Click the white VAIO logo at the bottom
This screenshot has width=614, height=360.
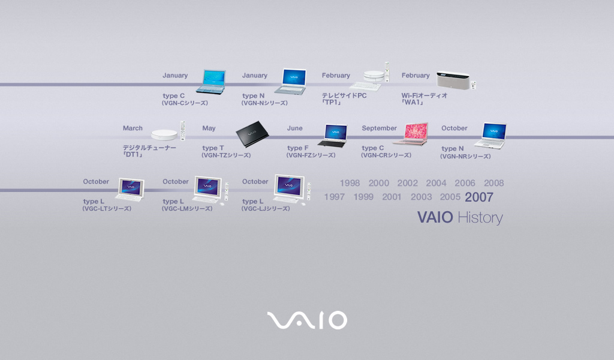coord(307,320)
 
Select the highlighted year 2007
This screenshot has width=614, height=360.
coord(479,197)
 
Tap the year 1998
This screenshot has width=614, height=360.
coord(350,183)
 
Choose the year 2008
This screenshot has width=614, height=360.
coord(494,183)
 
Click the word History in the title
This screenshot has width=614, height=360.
coord(480,218)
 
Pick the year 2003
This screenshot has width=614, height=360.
coord(421,197)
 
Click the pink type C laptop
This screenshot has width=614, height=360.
coord(411,134)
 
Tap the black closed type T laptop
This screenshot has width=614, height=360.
coord(252,134)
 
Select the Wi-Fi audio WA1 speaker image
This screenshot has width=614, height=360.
coord(456,80)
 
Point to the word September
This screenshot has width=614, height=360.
coord(379,128)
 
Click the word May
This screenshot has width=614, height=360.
coord(209,128)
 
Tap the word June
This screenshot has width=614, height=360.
coord(294,128)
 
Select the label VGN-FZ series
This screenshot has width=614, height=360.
coord(311,155)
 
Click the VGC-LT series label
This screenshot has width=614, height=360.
coord(107,208)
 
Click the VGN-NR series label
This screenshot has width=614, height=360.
coord(465,157)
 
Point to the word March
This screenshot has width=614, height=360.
coord(133,128)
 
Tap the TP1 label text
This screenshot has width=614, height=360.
coord(331,102)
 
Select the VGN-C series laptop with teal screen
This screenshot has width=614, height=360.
coord(211,82)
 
